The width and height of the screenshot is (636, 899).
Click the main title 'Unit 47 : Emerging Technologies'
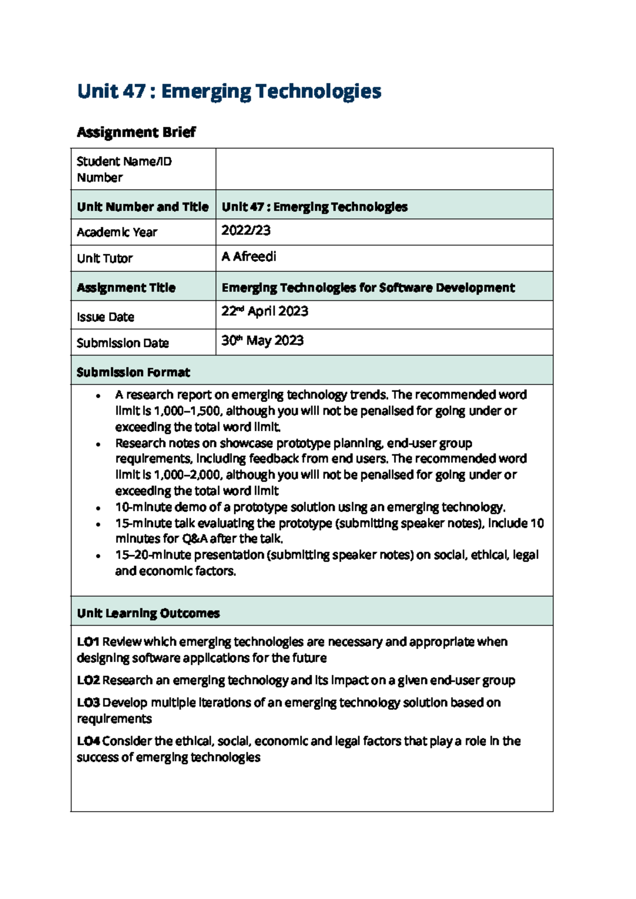point(229,91)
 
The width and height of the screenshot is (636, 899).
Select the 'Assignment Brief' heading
point(136,132)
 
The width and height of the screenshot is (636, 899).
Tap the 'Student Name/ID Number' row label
point(124,169)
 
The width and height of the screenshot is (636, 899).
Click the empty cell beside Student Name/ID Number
point(384,169)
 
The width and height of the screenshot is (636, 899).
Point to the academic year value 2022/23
point(246,230)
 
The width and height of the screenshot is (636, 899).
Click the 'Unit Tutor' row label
point(104,259)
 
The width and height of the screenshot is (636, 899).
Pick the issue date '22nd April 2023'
point(264,311)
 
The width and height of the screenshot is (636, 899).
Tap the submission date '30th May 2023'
point(262,341)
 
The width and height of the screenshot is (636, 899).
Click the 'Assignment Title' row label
point(126,288)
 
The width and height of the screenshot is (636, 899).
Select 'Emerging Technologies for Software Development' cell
point(368,288)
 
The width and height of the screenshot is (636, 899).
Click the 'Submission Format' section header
point(133,372)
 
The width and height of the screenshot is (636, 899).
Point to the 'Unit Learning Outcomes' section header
point(148,613)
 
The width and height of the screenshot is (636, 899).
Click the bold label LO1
point(88,642)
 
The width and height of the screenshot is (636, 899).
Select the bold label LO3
point(88,702)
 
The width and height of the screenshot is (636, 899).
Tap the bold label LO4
point(88,741)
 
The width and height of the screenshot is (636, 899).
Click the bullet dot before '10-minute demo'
point(98,508)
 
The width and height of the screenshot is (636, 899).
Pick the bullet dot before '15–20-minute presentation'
point(98,556)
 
